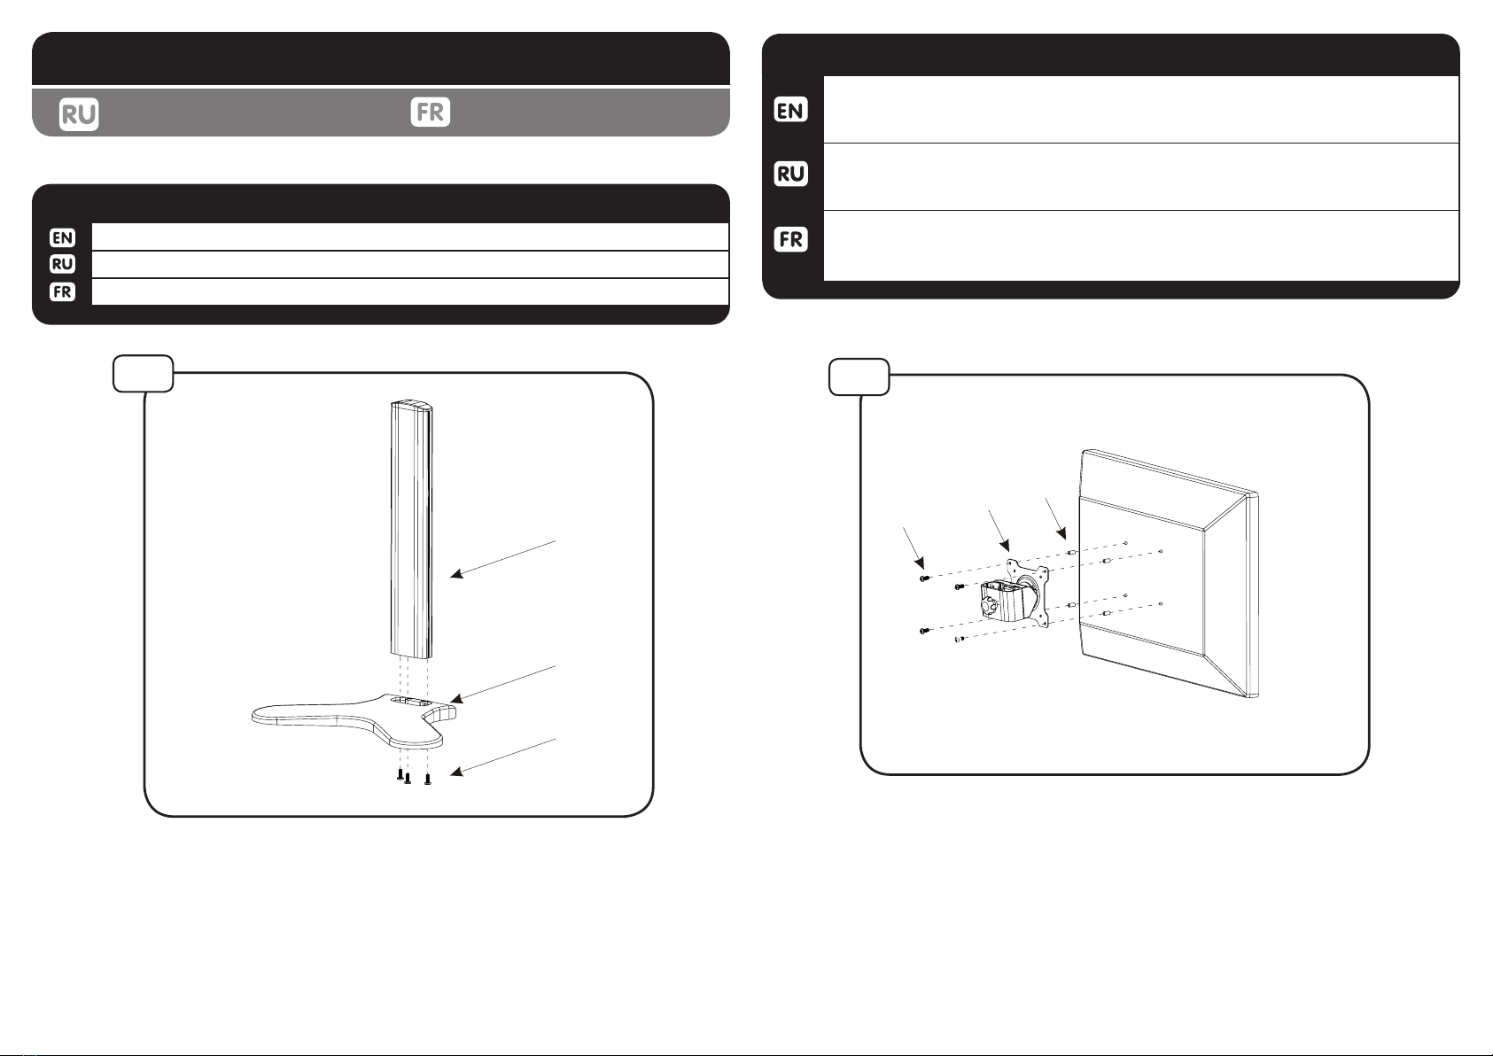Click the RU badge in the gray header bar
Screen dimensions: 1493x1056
79,114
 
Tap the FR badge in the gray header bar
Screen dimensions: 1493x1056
431,112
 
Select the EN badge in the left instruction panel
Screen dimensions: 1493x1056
63,237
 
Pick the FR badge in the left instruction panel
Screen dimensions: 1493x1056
63,291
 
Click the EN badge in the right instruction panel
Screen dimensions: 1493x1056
790,110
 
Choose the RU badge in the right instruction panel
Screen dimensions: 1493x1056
790,174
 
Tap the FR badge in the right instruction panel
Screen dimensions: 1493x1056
790,238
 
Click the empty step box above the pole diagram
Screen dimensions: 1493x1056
144,374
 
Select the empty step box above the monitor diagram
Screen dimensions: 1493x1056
859,377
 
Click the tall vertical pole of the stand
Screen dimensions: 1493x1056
411,530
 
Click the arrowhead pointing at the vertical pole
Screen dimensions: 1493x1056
456,574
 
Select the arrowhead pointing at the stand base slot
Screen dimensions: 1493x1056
456,698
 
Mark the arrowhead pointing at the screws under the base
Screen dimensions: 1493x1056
456,772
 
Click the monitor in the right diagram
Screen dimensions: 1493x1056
1169,574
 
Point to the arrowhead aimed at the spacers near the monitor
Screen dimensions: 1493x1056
1061,533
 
